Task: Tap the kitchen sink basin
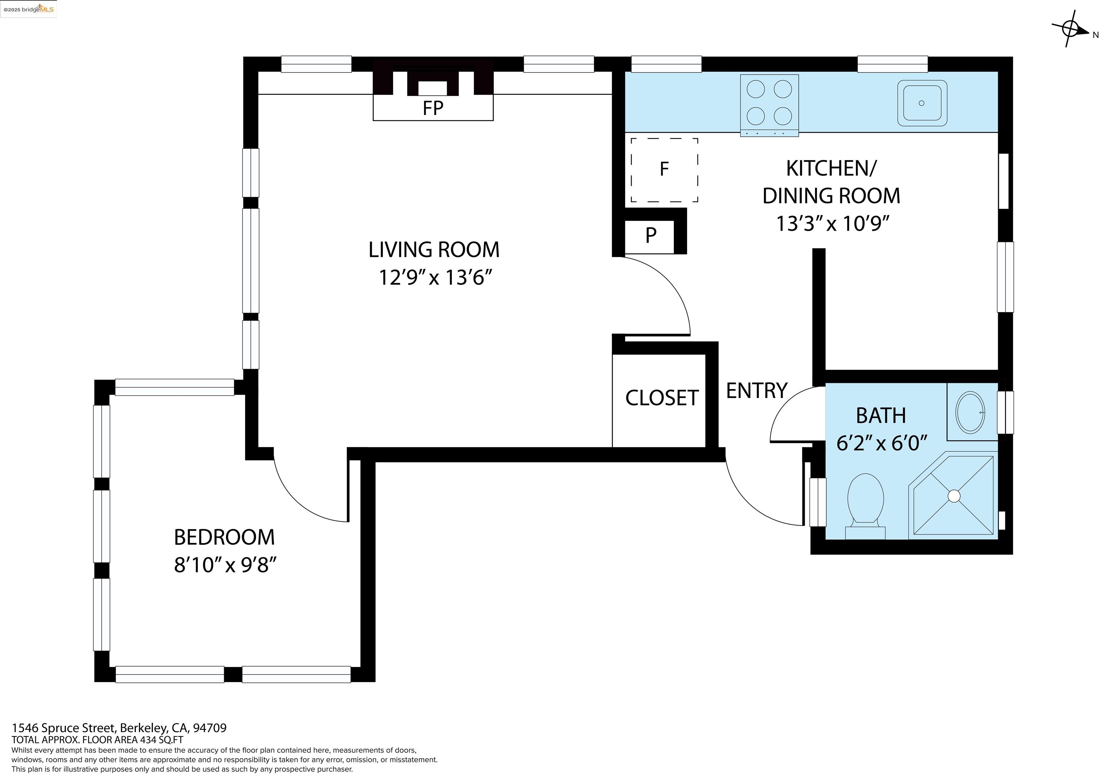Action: tap(922, 103)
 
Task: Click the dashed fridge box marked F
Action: tap(664, 170)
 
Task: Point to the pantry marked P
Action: tap(650, 235)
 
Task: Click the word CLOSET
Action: tap(662, 398)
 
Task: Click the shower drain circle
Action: tap(954, 496)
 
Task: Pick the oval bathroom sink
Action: tap(970, 412)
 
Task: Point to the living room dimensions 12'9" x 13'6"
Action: tap(435, 278)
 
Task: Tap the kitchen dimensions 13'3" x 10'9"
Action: tap(832, 224)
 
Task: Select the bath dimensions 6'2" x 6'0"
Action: tap(882, 443)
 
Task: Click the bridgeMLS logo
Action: tap(28, 9)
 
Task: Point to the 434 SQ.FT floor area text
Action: tap(161, 740)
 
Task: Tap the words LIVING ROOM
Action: tap(434, 250)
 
